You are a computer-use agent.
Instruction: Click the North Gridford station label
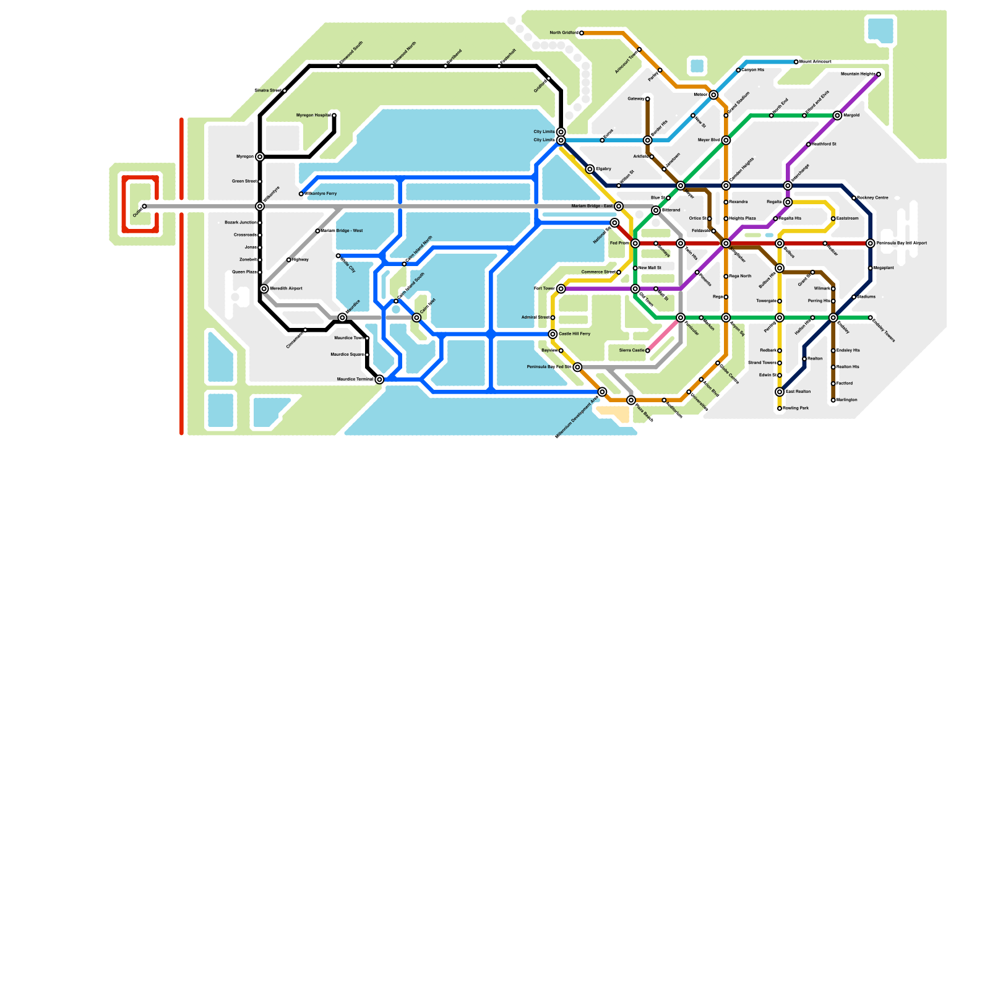coord(564,33)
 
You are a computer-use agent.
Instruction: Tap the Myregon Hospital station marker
coord(334,116)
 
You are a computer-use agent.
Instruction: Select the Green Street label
coord(244,181)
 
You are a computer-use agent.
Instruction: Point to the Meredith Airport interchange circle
coord(264,289)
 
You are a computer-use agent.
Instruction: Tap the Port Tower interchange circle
coord(561,289)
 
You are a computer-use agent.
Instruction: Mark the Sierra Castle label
coord(632,351)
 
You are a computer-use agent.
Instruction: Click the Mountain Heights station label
coord(858,74)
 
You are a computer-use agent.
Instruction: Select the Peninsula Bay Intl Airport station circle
coord(871,244)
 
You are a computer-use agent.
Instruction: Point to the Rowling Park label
coord(796,408)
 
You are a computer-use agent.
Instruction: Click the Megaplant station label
coord(884,268)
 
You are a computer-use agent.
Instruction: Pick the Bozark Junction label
coord(240,223)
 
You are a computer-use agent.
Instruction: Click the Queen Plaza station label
coord(244,272)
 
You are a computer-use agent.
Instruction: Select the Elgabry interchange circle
coord(590,170)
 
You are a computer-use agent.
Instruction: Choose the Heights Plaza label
coord(742,218)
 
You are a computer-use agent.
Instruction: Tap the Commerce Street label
coord(599,272)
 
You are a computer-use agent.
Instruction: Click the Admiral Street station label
coord(536,317)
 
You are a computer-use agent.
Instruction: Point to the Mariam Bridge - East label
coord(592,206)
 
